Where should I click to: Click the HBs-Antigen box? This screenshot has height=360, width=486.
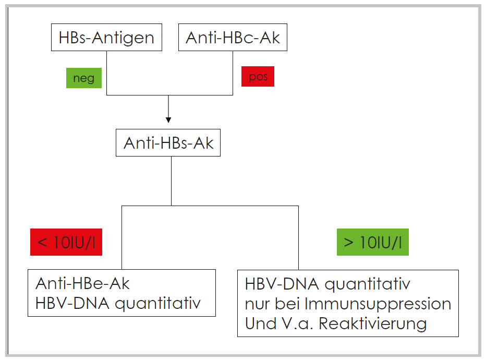(x=106, y=37)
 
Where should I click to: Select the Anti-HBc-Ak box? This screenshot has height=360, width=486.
(x=233, y=37)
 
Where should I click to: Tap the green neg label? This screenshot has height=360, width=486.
(x=84, y=78)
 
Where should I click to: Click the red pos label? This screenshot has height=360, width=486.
(x=258, y=76)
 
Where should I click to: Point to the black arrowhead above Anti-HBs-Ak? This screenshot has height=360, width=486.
(x=168, y=120)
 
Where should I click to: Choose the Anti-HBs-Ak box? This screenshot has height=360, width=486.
(x=168, y=142)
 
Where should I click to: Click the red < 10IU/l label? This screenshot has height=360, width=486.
(x=66, y=242)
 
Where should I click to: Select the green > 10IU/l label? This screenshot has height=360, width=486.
(x=373, y=242)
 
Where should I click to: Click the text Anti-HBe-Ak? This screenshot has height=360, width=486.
(x=82, y=283)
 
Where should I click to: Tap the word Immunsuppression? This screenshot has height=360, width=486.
(x=378, y=304)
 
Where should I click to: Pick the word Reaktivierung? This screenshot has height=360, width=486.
(x=372, y=324)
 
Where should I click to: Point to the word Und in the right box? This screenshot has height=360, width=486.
(x=260, y=323)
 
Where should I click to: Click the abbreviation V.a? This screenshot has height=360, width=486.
(x=297, y=323)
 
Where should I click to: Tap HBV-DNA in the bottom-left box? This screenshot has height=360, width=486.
(x=72, y=303)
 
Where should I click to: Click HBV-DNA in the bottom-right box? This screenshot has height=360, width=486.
(x=282, y=284)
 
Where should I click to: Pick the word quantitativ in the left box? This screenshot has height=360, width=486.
(x=158, y=304)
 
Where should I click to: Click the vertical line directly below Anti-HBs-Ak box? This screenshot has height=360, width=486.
(x=171, y=181)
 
